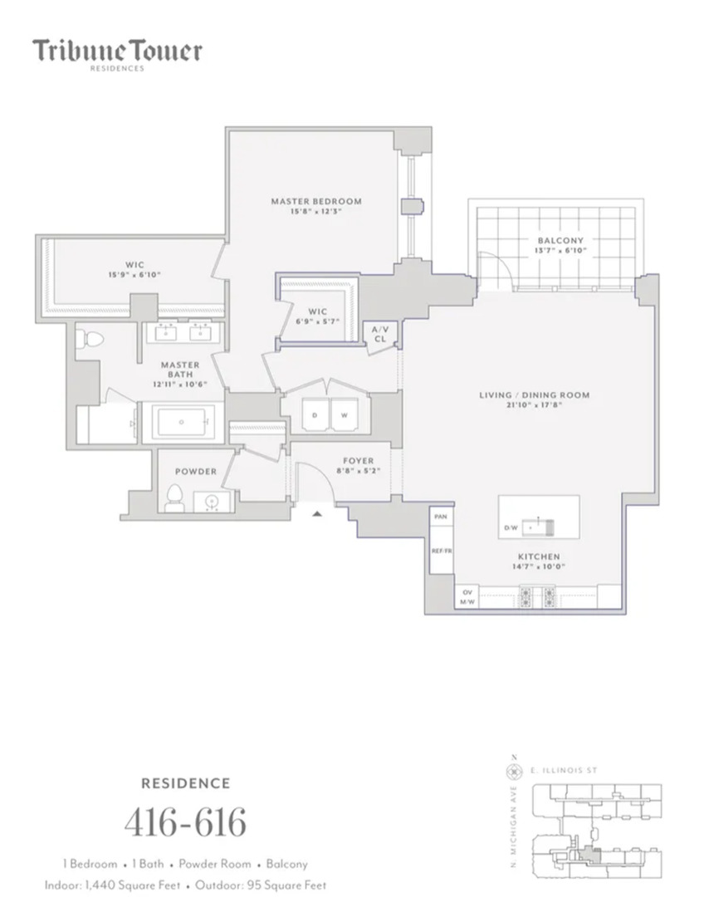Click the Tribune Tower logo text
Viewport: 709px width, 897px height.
point(117,51)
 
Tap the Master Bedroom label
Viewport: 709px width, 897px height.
point(316,201)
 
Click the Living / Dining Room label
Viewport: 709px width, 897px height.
point(534,395)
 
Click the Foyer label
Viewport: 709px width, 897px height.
point(359,460)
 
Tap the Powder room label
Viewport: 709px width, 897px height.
point(195,471)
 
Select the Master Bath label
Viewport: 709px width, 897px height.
point(179,365)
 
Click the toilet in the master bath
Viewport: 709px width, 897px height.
point(90,341)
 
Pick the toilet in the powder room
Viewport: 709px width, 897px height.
point(174,497)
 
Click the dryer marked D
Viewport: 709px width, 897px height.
point(315,414)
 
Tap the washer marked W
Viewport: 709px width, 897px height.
point(344,414)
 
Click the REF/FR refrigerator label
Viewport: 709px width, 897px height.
point(441,550)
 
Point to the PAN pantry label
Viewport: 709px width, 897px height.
point(441,517)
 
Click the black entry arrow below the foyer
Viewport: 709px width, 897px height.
point(316,514)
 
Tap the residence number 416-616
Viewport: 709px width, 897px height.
point(185,822)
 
